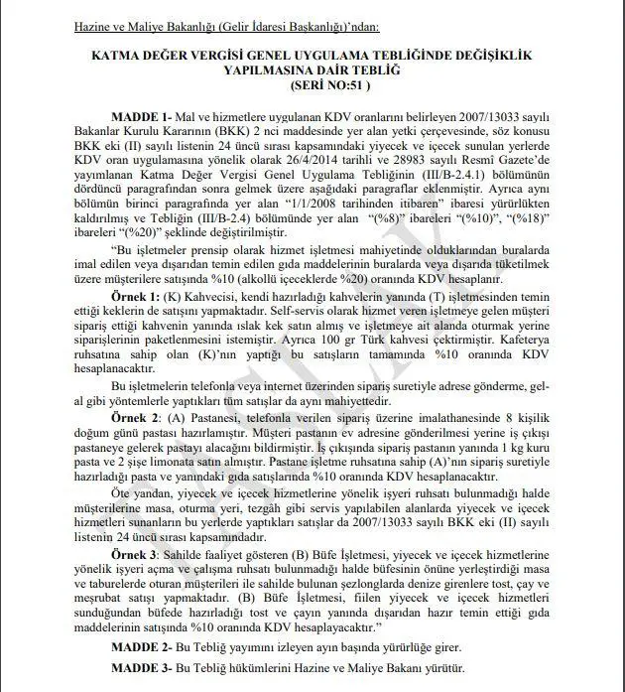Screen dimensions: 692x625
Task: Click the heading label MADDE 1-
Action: coord(143,115)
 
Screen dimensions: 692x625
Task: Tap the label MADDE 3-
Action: coord(143,669)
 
